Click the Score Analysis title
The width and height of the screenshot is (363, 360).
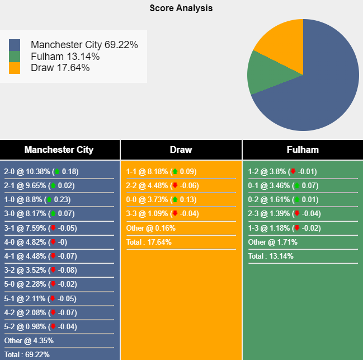point(181,8)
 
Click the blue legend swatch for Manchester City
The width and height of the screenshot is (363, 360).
point(15,45)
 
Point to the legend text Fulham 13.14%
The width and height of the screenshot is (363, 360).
point(65,57)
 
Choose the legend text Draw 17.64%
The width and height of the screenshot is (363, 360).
point(60,68)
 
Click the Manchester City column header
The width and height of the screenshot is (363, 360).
point(59,149)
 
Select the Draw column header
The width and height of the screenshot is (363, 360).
point(181,149)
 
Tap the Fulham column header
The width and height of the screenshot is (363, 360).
point(303,149)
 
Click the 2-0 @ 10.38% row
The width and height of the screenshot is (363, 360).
point(41,171)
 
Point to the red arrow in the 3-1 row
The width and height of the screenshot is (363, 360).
point(53,228)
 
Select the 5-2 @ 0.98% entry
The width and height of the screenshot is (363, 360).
point(40,326)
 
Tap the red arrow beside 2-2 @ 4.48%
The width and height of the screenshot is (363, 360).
point(175,185)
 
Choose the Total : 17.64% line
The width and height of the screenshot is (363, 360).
point(149,242)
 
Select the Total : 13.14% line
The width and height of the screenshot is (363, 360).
point(271,256)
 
